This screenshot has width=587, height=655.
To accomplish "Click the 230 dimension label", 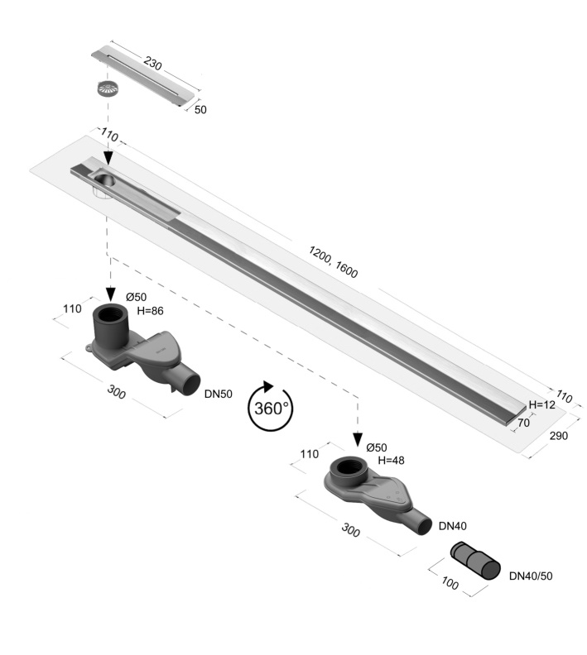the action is point(152,64).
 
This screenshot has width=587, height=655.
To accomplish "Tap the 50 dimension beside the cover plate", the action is point(200,109).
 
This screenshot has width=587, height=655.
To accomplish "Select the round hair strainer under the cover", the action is point(108,88).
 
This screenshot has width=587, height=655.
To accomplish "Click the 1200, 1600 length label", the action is point(333,262).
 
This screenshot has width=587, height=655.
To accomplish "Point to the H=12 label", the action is point(541,404).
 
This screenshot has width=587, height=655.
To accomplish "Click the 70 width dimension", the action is point(523,423).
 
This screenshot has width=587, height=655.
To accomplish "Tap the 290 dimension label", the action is point(559,436).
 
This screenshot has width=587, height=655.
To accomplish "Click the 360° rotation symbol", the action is point(271,406).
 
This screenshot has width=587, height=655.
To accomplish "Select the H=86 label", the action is point(150,311).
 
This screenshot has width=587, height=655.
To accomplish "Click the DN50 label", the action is point(219,394).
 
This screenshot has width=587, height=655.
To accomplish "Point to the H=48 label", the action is point(392,461).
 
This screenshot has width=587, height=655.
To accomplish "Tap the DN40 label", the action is point(452,526).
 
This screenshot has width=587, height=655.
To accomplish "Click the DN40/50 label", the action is point(531,576).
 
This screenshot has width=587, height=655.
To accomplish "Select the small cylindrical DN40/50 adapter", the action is point(475,561).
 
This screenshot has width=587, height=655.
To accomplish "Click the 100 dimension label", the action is point(450,583).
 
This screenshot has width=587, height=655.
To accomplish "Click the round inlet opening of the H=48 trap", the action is point(347,466).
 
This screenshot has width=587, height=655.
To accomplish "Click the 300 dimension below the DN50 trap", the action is point(116,392).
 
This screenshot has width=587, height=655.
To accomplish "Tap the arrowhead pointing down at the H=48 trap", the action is point(358,440).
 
